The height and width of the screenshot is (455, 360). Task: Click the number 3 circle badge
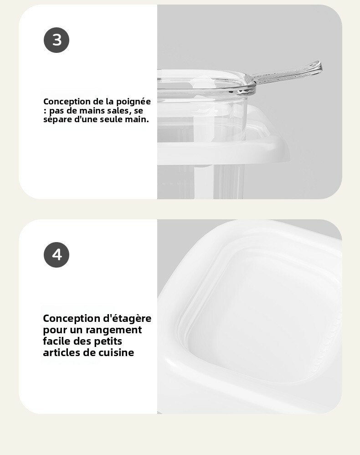click(x=57, y=40)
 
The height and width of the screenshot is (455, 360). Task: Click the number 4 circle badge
click(x=57, y=255)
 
